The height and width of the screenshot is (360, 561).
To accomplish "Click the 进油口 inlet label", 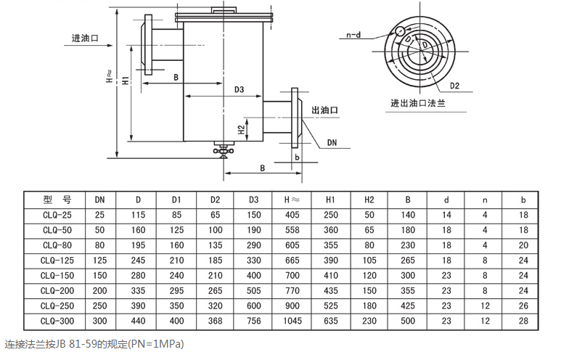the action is (85, 38).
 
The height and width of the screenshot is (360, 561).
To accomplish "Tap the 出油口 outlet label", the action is (324, 110).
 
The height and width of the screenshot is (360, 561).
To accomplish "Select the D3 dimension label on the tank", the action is (239, 89).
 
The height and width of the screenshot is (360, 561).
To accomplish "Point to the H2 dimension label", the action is (242, 129).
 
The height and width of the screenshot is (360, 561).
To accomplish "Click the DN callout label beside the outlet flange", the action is (332, 142).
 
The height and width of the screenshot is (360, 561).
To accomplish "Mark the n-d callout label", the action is (353, 35).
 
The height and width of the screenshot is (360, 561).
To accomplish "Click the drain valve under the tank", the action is (224, 150).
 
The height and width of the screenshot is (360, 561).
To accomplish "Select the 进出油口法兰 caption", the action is (418, 103).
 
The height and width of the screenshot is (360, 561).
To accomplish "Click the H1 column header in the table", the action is (331, 200).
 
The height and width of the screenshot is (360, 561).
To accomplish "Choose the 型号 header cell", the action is (57, 200).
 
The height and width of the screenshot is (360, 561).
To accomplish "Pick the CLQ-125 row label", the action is (57, 260).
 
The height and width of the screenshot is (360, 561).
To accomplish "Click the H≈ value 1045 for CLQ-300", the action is (292, 321).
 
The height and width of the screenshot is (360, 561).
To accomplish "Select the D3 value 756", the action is (254, 321).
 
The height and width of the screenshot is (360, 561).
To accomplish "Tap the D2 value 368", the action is (215, 321).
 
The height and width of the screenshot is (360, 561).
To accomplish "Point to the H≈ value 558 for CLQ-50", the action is (292, 230).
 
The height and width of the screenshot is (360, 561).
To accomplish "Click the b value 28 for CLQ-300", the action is (523, 321).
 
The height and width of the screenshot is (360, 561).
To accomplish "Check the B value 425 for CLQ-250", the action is (408, 306).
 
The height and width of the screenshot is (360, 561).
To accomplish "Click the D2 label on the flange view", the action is (454, 86).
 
